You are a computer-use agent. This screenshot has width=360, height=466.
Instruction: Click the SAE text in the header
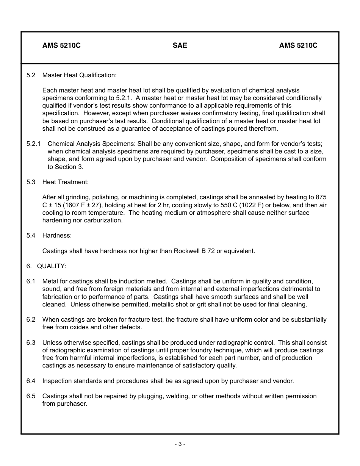[180, 45]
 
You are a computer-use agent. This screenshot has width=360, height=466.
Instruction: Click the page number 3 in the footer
[180, 444]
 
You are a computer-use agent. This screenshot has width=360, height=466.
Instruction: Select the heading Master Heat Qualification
[79, 75]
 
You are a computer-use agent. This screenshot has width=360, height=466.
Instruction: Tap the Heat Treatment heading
[65, 182]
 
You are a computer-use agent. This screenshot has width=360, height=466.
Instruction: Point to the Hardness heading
[57, 235]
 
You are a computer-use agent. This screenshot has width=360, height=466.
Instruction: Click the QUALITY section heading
[52, 266]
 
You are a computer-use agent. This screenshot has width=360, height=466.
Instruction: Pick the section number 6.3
[31, 342]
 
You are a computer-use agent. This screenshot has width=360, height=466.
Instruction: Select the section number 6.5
[31, 396]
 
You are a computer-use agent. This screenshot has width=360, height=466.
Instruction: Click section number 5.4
[31, 235]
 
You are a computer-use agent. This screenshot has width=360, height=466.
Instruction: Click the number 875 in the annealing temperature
[321, 197]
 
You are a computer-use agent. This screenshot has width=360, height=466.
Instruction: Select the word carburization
[103, 220]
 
